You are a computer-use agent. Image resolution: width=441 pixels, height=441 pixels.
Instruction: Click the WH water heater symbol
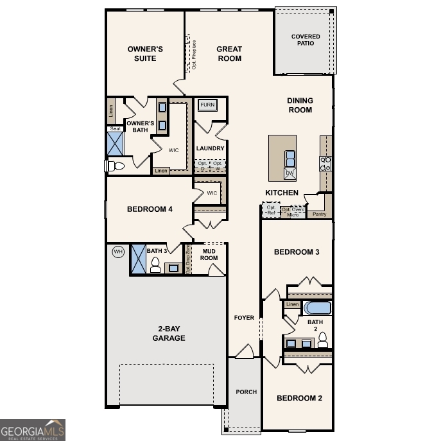pyautogui.click(x=117, y=251)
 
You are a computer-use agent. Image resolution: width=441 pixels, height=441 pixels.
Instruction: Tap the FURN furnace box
pyautogui.click(x=207, y=105)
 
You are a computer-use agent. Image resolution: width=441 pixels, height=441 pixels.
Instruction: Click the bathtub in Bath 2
pyautogui.click(x=317, y=307)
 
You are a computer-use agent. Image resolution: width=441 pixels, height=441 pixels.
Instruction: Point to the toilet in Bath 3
pyautogui.click(x=155, y=266)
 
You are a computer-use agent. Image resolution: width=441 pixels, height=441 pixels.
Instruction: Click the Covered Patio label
pyautogui.click(x=305, y=40)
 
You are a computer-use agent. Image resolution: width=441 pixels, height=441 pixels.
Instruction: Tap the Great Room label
pyautogui.click(x=229, y=54)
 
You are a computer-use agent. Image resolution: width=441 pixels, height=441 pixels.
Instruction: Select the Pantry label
pyautogui.click(x=318, y=214)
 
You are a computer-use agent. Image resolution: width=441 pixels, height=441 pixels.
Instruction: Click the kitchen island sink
pyautogui.click(x=290, y=157)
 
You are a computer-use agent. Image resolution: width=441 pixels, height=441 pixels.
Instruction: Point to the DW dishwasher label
pyautogui.click(x=290, y=173)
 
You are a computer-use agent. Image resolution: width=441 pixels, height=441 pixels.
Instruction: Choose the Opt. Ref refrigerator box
pyautogui.click(x=270, y=211)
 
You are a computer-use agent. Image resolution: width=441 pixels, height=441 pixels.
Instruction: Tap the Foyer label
pyautogui.click(x=244, y=318)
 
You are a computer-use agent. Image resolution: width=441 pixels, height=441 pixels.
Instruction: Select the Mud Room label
pyautogui.click(x=209, y=254)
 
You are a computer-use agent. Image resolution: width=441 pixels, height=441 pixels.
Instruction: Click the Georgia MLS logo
pyautogui.click(x=33, y=429)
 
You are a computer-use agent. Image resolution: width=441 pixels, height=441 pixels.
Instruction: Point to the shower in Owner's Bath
pyautogui.click(x=116, y=145)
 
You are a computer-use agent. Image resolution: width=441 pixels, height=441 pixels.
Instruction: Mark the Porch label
pyautogui.click(x=246, y=392)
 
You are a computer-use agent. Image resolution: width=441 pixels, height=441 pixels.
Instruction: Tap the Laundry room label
pyautogui.click(x=210, y=148)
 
